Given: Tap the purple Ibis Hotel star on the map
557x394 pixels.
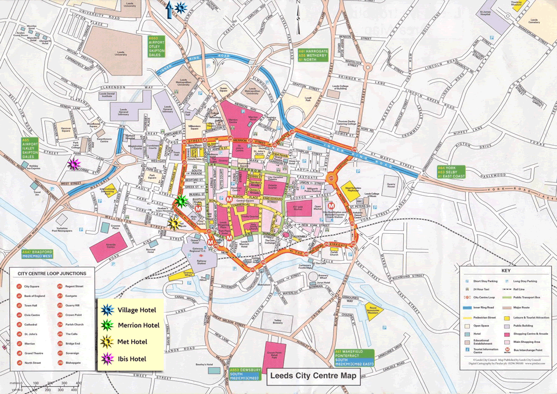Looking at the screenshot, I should point(74,165).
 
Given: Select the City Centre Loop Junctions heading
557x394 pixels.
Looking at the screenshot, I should point(52,273).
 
